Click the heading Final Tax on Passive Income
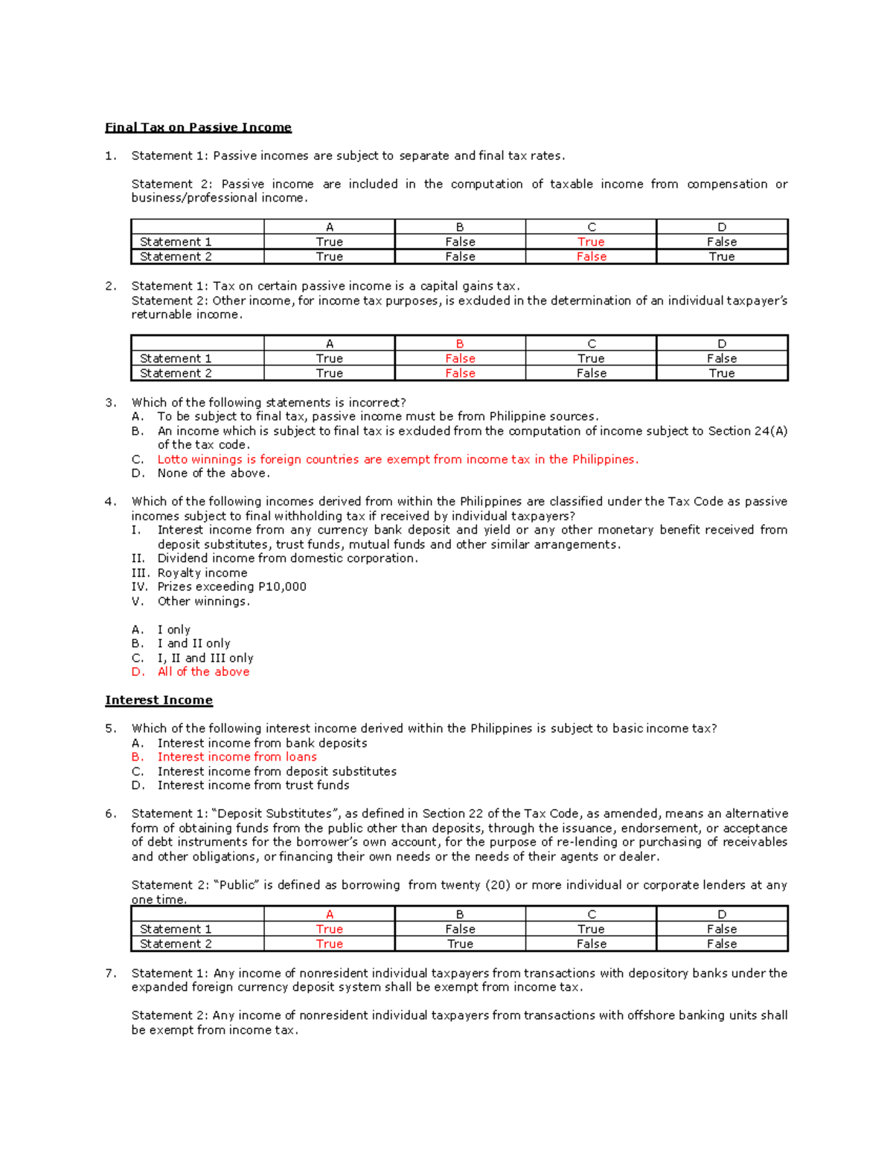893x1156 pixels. point(198,127)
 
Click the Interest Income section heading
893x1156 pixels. point(159,700)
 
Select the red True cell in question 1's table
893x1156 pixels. point(591,242)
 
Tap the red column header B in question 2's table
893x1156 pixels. point(460,344)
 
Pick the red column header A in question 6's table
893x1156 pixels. point(329,914)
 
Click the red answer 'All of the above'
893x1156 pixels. point(203,671)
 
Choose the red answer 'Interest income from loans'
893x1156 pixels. point(237,757)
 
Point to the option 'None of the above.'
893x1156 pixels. point(214,473)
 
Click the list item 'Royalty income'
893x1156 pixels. point(202,572)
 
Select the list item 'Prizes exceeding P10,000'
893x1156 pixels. point(231,587)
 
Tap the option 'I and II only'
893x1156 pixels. point(193,643)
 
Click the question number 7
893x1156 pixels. point(110,973)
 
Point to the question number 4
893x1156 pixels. point(110,502)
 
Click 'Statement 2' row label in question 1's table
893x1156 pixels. point(176,257)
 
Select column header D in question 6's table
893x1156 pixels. point(721,914)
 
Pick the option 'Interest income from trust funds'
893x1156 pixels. point(253,785)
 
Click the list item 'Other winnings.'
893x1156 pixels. point(203,601)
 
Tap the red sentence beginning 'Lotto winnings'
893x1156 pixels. point(397,459)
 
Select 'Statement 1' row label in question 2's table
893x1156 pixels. point(176,359)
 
